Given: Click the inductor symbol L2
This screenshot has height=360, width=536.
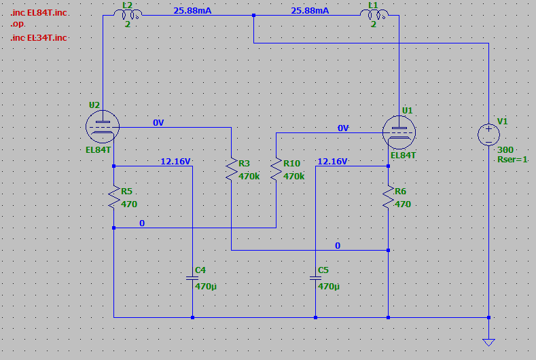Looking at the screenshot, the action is tap(128, 14).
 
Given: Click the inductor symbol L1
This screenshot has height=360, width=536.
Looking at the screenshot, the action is tap(374, 14).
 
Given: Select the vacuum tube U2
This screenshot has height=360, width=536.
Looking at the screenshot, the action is tap(103, 126).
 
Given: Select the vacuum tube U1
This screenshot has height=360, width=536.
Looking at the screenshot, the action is tap(399, 132).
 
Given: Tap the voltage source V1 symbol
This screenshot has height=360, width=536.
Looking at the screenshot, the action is tap(489, 134).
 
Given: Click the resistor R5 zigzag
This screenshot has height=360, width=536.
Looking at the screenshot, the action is tap(114, 197).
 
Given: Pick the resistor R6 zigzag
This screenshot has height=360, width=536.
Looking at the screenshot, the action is tap(389, 197).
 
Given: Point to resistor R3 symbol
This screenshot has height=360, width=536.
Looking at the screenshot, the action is tap(232, 169).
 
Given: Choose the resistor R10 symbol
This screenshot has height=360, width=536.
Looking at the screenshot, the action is tap(276, 169).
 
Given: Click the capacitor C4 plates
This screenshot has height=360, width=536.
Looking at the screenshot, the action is tap(192, 278).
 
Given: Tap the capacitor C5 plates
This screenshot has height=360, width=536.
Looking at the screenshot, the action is tap(315, 278).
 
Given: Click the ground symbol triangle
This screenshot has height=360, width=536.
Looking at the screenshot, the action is tap(489, 342).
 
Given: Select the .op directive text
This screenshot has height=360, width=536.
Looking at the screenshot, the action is tap(17, 24).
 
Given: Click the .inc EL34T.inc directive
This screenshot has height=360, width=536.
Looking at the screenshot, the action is tap(39, 37).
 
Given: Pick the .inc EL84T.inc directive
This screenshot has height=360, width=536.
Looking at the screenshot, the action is tap(39, 13).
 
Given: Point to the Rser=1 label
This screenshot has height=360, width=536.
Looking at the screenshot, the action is tap(512, 160).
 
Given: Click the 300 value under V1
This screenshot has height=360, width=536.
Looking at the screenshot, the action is tap(505, 149).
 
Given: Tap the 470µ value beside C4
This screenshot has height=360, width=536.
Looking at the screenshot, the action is tap(206, 287).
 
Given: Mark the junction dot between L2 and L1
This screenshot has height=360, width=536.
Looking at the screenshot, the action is tap(253, 16).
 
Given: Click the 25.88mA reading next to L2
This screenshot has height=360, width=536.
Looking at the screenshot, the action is tap(192, 11).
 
